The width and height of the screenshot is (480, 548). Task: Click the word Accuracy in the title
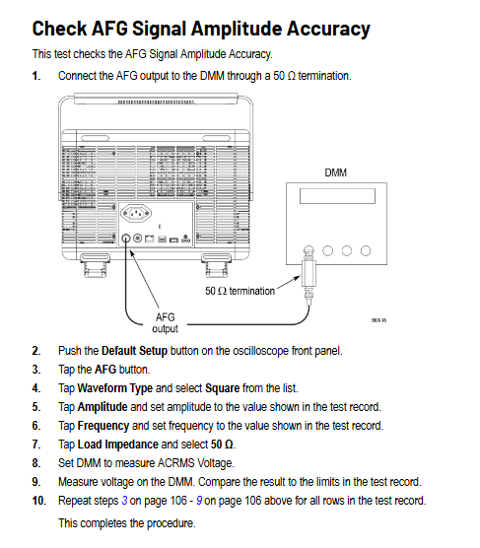click(328, 29)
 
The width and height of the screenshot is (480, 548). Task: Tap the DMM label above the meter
click(336, 172)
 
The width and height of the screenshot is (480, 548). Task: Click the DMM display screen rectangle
click(337, 196)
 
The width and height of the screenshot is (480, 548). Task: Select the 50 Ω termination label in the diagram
click(240, 291)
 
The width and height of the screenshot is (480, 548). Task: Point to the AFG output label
click(165, 323)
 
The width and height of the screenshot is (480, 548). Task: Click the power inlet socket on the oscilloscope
click(136, 213)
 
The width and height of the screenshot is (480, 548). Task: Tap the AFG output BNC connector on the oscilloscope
click(126, 239)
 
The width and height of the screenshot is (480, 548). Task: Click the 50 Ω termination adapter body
click(309, 274)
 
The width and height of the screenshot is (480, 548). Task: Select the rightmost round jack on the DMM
click(366, 250)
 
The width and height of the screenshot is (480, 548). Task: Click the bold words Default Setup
click(134, 351)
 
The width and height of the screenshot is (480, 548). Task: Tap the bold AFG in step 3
click(105, 370)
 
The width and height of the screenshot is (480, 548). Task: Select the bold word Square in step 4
click(223, 388)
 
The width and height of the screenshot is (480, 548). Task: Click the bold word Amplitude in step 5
click(103, 407)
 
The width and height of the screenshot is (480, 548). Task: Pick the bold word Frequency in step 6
click(103, 426)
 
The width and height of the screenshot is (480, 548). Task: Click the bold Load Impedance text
click(118, 445)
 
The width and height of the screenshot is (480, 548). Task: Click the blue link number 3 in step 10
click(124, 501)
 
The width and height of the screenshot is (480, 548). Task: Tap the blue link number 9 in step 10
click(199, 501)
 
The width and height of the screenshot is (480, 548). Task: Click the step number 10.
click(38, 501)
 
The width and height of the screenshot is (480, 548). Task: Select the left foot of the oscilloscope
click(95, 265)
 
